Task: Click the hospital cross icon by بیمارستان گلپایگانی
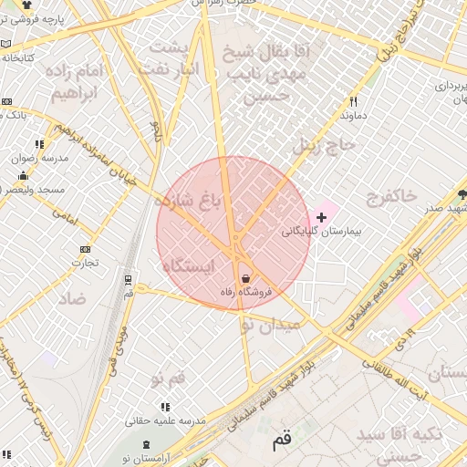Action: [x=321, y=217]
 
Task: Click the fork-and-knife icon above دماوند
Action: [x=353, y=102]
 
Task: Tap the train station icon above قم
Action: [x=127, y=279]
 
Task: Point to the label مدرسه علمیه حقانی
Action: [x=165, y=420]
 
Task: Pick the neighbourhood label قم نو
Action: [x=166, y=377]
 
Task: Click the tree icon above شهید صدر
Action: [x=462, y=193]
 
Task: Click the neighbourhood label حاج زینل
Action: [x=321, y=144]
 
